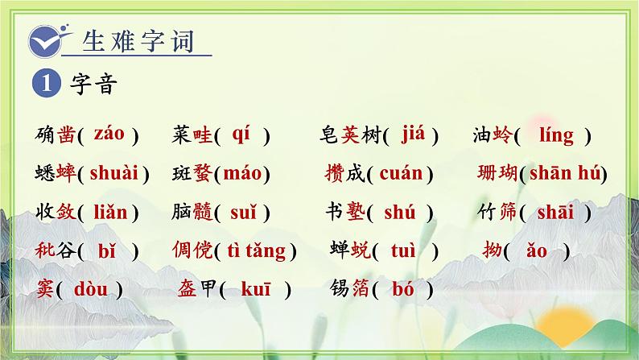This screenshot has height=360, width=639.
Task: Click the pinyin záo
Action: pos(109,134)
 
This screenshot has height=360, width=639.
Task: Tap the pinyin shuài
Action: pos(113,172)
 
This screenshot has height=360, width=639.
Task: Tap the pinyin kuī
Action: pos(256,288)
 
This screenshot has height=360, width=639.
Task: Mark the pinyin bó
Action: pos(404,288)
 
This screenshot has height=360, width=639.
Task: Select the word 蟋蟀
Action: pos(56,173)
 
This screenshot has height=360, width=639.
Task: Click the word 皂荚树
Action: pos(348,135)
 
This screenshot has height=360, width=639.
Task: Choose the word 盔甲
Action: pos(196,289)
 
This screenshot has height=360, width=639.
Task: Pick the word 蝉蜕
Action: pos(349,250)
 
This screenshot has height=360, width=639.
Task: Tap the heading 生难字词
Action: pos(138,40)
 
